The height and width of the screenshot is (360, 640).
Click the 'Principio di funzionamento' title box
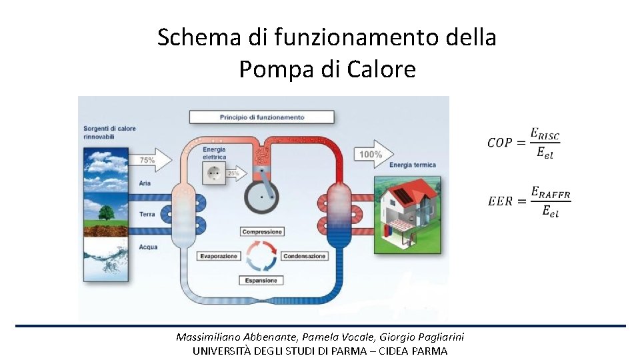(x=262, y=117)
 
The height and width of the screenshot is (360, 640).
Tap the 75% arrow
(x=153, y=160)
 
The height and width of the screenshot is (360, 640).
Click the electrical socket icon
(x=214, y=174)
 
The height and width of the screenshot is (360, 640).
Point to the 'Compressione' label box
(x=263, y=232)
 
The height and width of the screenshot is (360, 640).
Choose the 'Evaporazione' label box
(x=218, y=256)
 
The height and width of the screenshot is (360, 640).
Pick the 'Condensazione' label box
(x=305, y=256)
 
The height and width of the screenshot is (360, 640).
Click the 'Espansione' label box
(x=261, y=281)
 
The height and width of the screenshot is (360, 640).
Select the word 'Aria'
(x=145, y=183)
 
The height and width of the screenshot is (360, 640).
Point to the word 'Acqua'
(x=148, y=247)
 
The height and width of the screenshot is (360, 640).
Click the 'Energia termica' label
(x=413, y=165)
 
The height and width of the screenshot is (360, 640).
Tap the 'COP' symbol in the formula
(x=499, y=143)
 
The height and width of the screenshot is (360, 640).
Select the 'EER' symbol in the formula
(x=500, y=201)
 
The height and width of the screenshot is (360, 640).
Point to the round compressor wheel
(x=262, y=195)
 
